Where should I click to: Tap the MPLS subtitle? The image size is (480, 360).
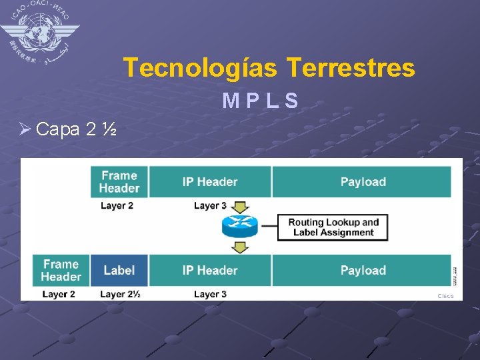coord(260,101)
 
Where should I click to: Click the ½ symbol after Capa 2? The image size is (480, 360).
coord(110,129)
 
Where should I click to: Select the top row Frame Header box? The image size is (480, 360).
coord(119,181)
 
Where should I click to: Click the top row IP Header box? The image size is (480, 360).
coord(209,181)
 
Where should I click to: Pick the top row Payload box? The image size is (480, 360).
coord(363,181)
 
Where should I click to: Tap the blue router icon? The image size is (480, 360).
coord(239,227)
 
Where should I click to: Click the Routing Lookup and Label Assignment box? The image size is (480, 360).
coord(333,227)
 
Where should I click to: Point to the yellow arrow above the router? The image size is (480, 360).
coord(240,207)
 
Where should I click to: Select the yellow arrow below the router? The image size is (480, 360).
coord(240,247)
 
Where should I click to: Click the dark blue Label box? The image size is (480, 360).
coord(119,270)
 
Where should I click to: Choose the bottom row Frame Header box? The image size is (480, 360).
coord(61,270)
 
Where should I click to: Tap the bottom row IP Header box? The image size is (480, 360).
coord(209,270)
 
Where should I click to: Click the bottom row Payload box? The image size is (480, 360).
coord(363,270)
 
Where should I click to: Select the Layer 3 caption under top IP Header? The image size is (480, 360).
coord(210,205)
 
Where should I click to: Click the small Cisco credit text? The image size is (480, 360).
coord(445,296)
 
